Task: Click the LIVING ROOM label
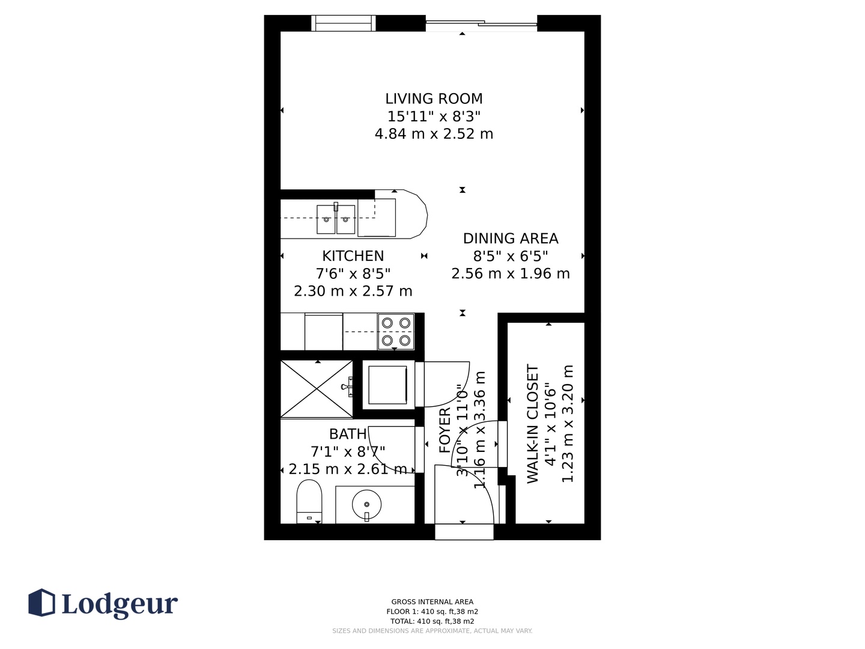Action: (434, 99)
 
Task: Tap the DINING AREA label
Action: (511, 239)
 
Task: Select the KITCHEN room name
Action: (353, 256)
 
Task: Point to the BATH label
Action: (348, 434)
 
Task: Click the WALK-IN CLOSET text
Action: (532, 424)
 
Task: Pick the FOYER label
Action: (445, 430)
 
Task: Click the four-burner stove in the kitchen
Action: (396, 331)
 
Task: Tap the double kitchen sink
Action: (336, 219)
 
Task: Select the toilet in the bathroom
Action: (309, 501)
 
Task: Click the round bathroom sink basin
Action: (366, 504)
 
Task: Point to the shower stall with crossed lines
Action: (317, 389)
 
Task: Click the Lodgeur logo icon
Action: (41, 602)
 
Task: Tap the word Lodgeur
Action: (120, 604)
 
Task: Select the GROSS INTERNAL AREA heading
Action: (432, 602)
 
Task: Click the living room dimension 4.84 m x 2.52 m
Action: (434, 134)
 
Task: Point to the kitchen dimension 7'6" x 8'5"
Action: (353, 273)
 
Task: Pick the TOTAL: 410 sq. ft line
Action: (432, 621)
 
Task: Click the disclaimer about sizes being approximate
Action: (432, 631)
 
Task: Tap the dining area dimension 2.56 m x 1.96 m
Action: (511, 273)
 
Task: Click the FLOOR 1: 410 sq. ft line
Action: (432, 612)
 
